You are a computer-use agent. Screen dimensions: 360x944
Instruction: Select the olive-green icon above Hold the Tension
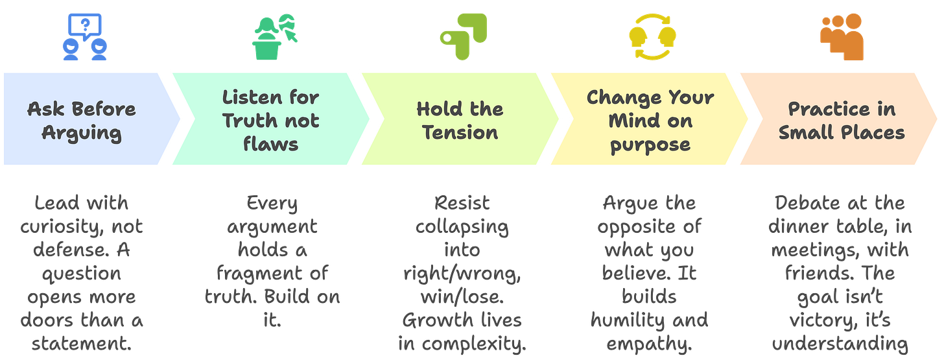coord(462,36)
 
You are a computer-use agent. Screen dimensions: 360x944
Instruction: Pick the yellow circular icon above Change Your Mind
coord(650,38)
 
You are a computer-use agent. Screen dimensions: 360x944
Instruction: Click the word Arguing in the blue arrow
coord(82,133)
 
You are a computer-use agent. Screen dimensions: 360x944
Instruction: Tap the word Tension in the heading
coord(460,132)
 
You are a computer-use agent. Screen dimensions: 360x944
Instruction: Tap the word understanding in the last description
coord(842,344)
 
